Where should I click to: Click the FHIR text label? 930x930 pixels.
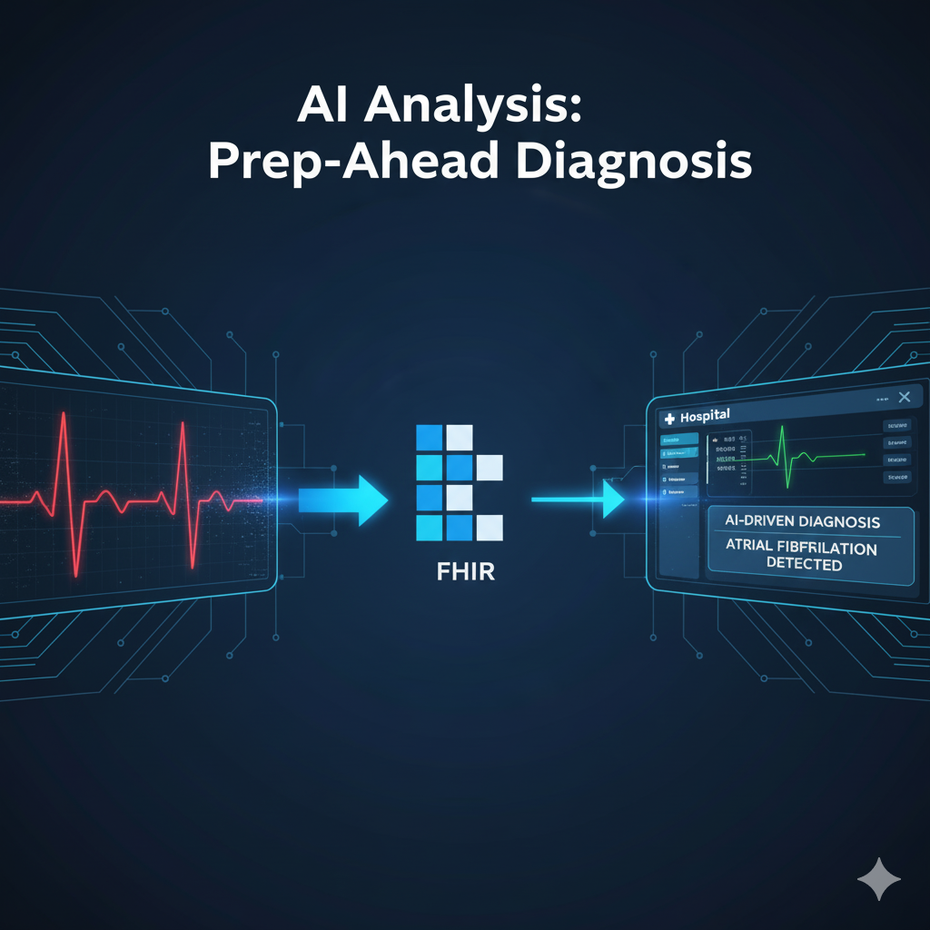[459, 574]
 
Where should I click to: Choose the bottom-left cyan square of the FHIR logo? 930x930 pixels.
[428, 528]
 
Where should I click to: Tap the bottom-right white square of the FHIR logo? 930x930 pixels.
[490, 528]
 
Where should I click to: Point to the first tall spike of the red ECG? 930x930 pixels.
[63, 427]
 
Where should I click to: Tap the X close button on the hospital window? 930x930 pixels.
[903, 397]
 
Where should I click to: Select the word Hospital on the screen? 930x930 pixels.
[705, 415]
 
